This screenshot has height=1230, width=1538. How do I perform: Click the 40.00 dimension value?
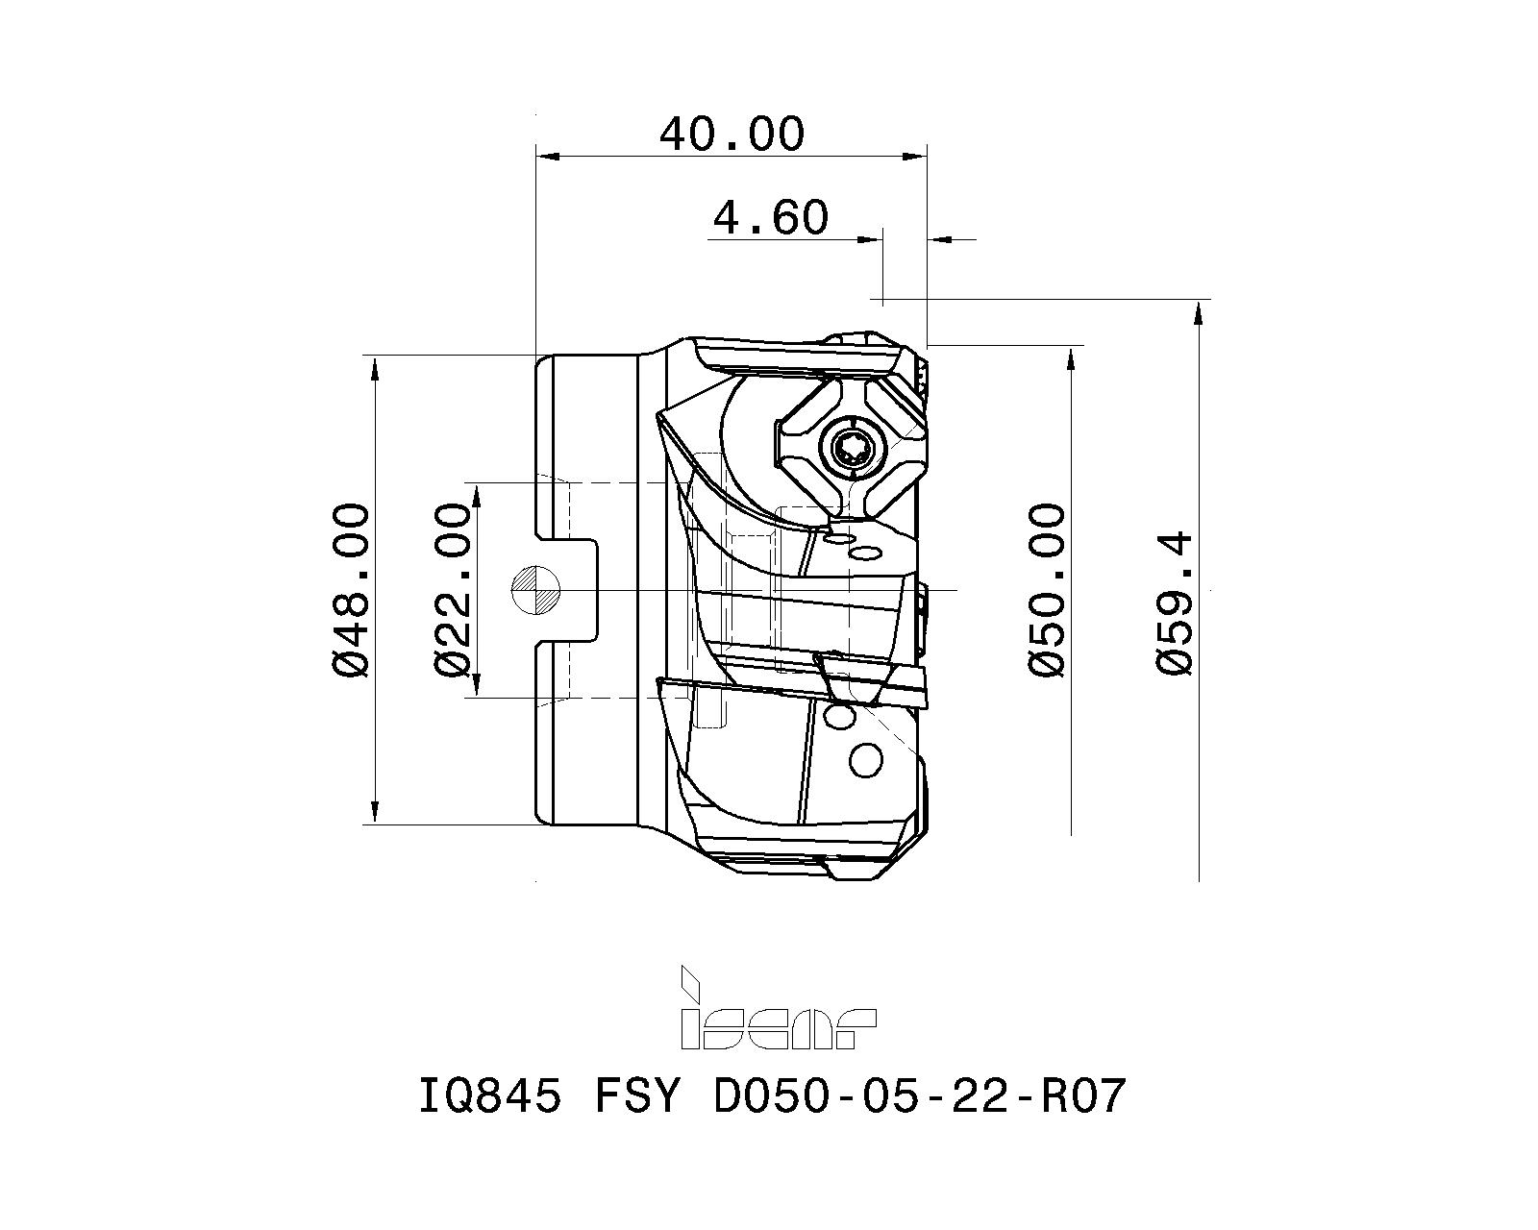point(731,135)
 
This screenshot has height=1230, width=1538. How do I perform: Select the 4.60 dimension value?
point(770,218)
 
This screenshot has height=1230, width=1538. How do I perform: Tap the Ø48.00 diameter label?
point(351,589)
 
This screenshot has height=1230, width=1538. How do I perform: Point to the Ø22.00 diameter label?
point(455,589)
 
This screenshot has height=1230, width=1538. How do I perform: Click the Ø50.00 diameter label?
point(1048,589)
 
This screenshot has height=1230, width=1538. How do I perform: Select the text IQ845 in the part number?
point(489,1096)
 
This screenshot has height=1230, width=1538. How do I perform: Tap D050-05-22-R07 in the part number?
point(917,1096)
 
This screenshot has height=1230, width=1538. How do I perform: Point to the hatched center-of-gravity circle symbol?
point(536,589)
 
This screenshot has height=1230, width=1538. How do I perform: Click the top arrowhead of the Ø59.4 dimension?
point(1198,309)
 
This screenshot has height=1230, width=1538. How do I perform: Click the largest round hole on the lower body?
point(866,761)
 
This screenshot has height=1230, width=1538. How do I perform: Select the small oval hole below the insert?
point(866,552)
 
